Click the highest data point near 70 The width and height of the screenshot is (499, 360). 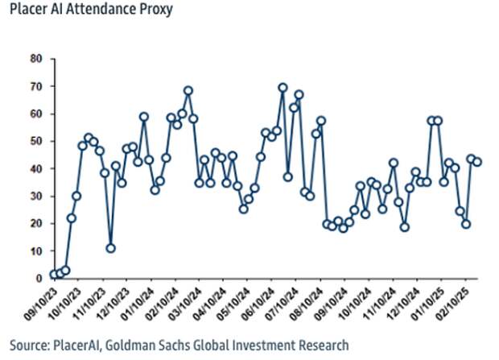point(282,88)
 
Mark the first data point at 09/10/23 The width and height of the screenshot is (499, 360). point(54,275)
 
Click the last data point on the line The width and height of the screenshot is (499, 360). point(477,162)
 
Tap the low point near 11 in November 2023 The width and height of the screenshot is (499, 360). point(111,248)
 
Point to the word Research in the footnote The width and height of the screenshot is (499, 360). point(322,346)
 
